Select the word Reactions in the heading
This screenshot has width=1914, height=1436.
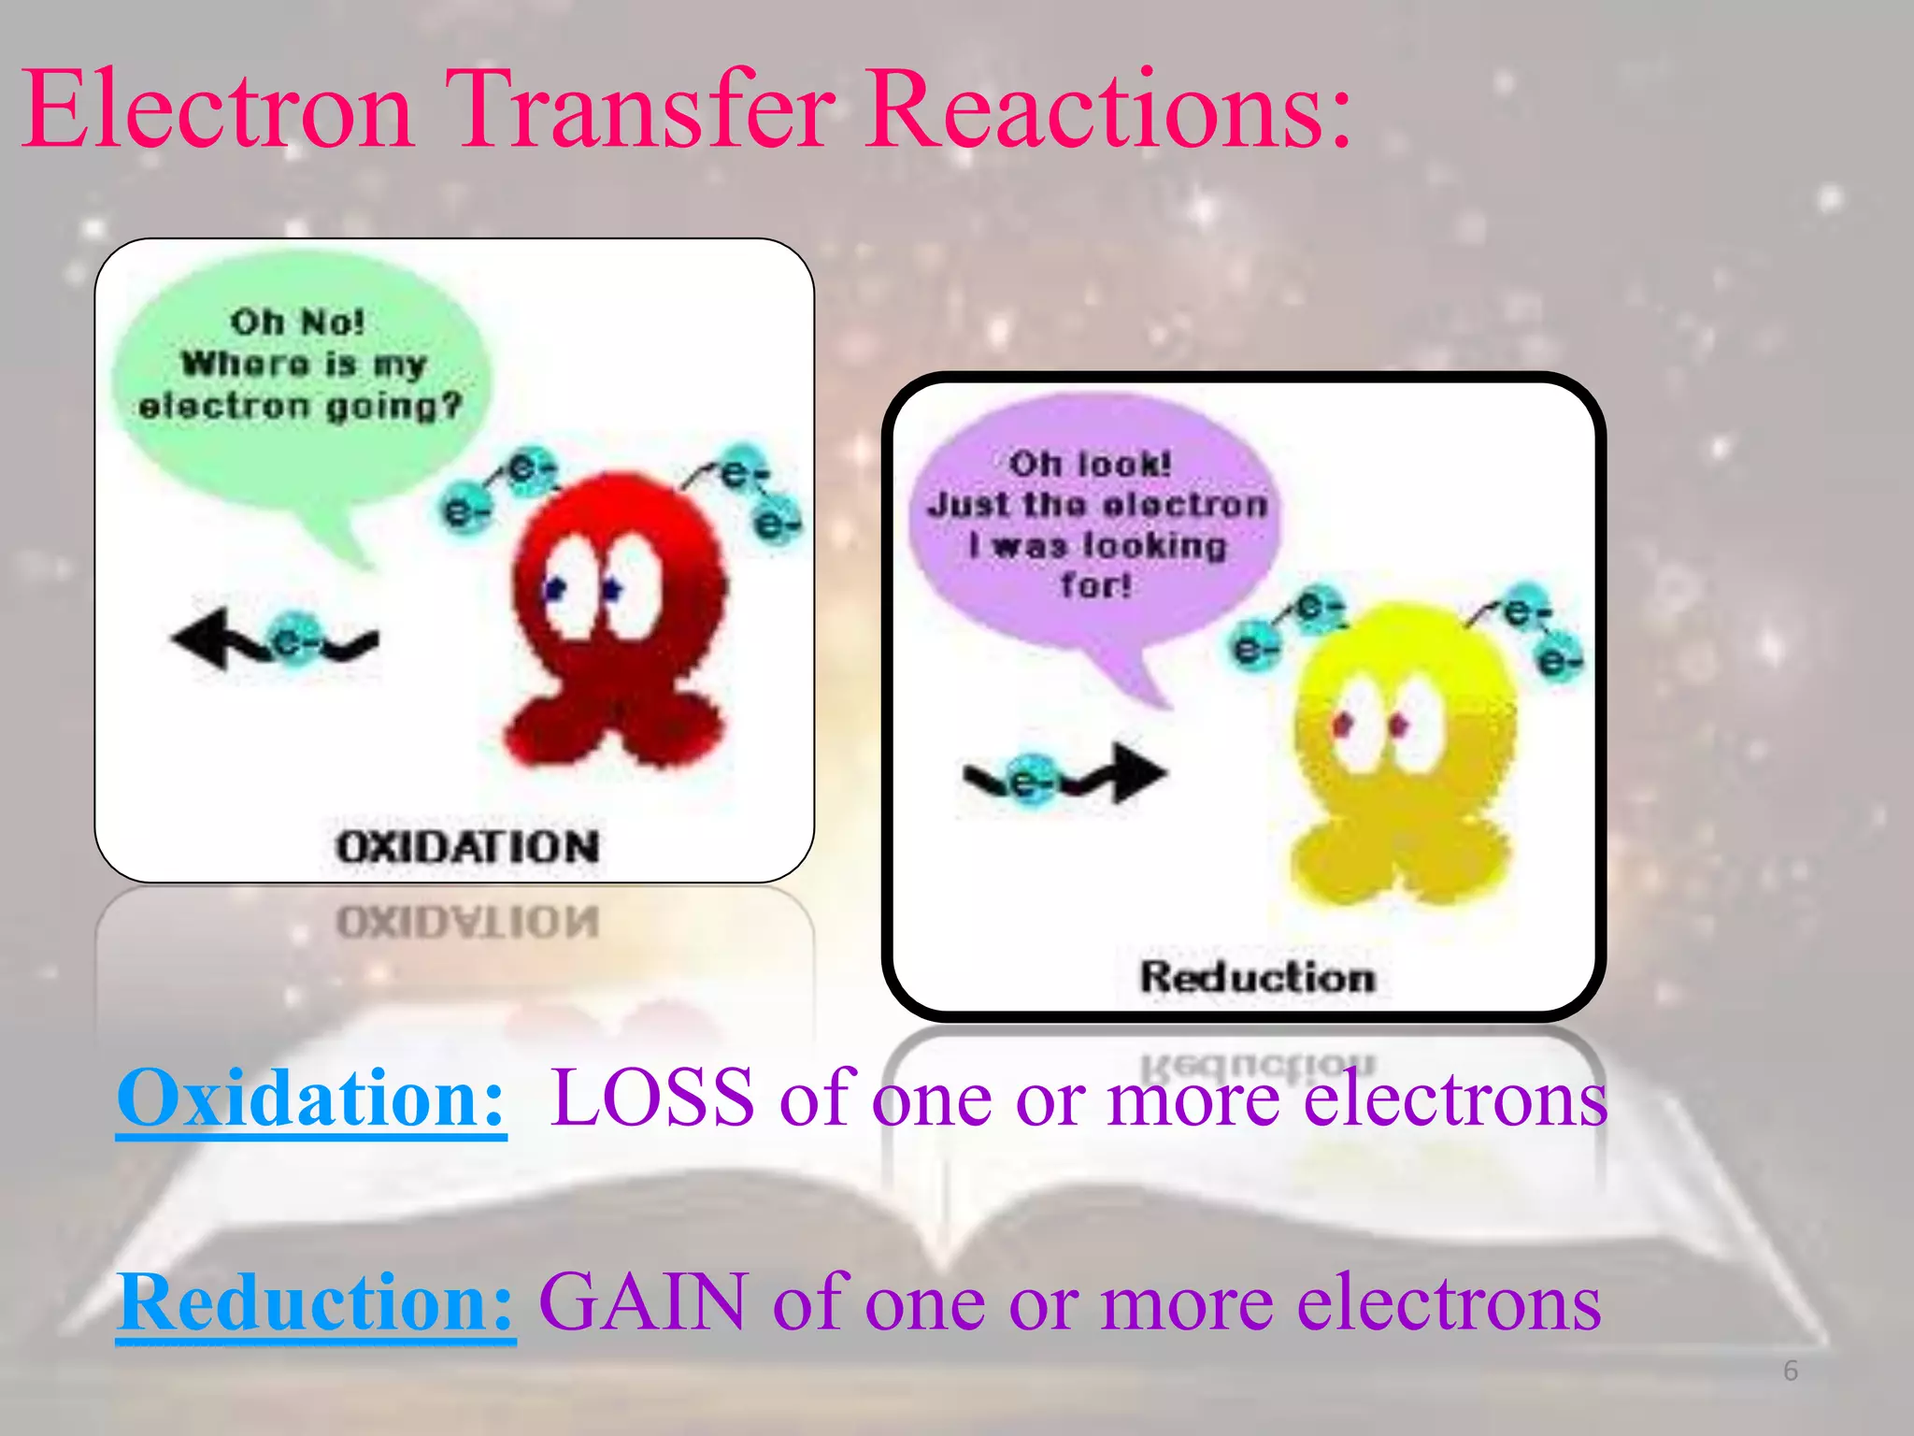pyautogui.click(x=1107, y=110)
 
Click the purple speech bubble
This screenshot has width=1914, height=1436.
pyautogui.click(x=1093, y=524)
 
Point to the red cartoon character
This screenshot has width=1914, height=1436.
pyautogui.click(x=617, y=617)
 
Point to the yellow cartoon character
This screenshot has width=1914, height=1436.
pyautogui.click(x=1402, y=748)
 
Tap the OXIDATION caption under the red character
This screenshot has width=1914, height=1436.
pyautogui.click(x=467, y=847)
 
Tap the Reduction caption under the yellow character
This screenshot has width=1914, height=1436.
pyautogui.click(x=1257, y=977)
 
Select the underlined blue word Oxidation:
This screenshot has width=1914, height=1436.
pyautogui.click(x=311, y=1099)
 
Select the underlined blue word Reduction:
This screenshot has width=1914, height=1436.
pyautogui.click(x=316, y=1302)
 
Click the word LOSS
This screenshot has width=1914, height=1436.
pyautogui.click(x=651, y=1099)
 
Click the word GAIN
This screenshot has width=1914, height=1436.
pyautogui.click(x=644, y=1302)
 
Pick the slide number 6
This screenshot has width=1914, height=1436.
pyautogui.click(x=1790, y=1371)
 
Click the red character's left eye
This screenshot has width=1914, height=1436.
pyautogui.click(x=568, y=584)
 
